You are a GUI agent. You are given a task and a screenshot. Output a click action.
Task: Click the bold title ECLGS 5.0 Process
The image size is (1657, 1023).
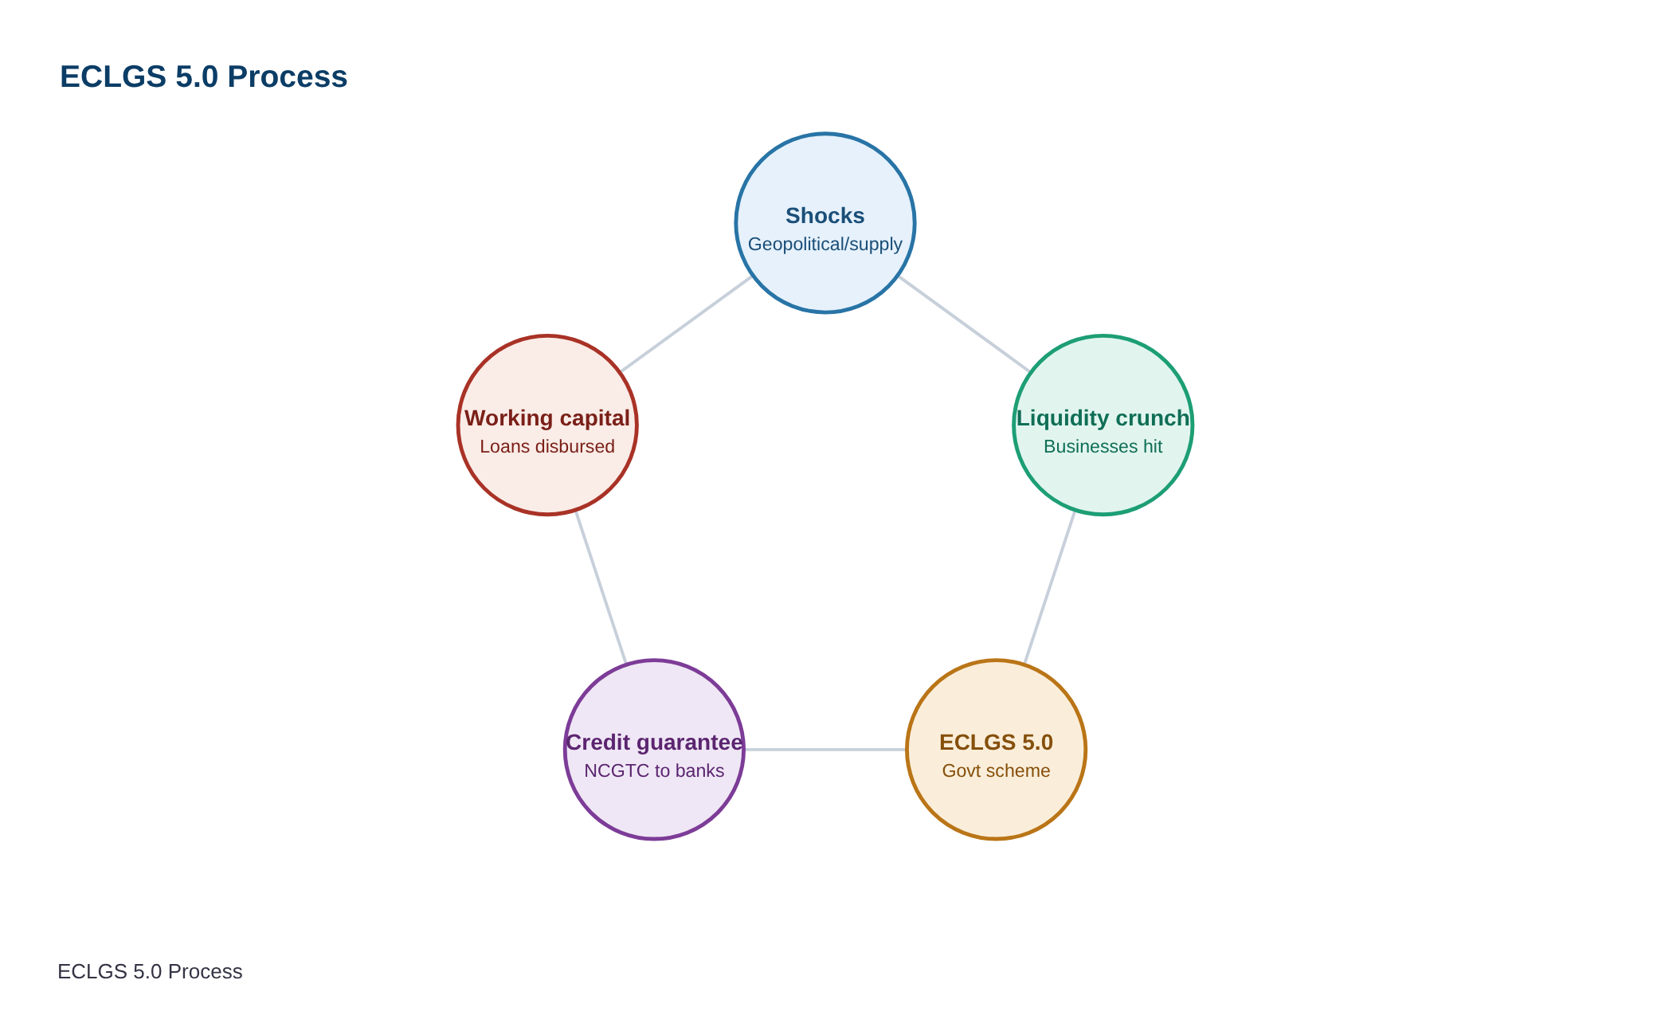pyautogui.click(x=203, y=76)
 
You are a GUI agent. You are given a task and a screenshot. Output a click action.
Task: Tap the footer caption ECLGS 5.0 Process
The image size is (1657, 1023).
pyautogui.click(x=150, y=971)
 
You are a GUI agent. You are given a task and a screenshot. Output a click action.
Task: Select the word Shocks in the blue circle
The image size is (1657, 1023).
pyautogui.click(x=825, y=215)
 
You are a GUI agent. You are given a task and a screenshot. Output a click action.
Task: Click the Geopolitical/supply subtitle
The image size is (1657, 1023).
pyautogui.click(x=825, y=244)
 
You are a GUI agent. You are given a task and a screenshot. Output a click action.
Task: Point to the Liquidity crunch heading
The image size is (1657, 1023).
pyautogui.click(x=1103, y=417)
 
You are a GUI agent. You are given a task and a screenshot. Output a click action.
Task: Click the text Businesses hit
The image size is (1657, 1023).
pyautogui.click(x=1103, y=446)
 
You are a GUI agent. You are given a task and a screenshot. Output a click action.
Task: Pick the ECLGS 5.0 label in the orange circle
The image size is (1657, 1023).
pyautogui.click(x=996, y=742)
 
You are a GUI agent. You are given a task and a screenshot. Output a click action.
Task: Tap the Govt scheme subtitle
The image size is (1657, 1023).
pyautogui.click(x=996, y=770)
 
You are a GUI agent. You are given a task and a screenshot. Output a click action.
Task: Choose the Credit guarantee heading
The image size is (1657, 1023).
pyautogui.click(x=654, y=742)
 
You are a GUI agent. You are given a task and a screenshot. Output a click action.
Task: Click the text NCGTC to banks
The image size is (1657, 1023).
pyautogui.click(x=654, y=770)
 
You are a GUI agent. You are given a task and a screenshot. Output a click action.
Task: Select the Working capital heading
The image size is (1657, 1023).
pyautogui.click(x=547, y=417)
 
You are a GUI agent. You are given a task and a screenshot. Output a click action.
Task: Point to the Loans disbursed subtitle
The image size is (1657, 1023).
pyautogui.click(x=547, y=446)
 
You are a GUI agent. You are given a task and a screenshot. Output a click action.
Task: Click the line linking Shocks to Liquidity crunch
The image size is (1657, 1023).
pyautogui.click(x=964, y=324)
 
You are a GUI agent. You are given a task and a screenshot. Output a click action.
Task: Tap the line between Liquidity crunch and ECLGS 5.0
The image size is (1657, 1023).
pyautogui.click(x=1049, y=587)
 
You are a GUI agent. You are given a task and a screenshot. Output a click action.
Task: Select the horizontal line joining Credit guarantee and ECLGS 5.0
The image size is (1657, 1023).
pyautogui.click(x=825, y=749)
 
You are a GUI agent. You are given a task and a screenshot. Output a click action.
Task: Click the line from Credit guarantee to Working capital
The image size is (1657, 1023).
pyautogui.click(x=601, y=587)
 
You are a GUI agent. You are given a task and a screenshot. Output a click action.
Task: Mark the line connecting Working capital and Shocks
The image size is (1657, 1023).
pyautogui.click(x=686, y=324)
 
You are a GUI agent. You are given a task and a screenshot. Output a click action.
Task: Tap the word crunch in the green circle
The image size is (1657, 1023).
pyautogui.click(x=1153, y=417)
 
